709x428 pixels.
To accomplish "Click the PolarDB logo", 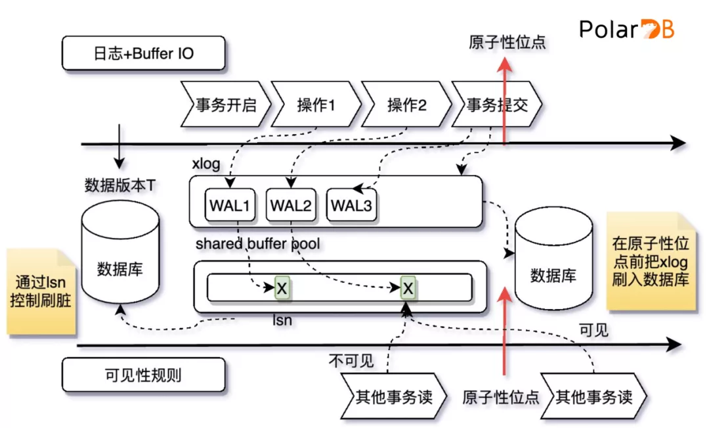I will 626,30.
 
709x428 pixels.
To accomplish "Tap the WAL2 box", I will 291,205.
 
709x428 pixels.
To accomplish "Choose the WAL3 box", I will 351,205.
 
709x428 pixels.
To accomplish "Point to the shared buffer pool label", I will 258,244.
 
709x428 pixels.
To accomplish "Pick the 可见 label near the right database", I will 593,330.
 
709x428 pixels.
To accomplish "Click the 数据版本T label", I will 120,185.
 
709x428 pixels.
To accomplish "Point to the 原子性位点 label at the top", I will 507,43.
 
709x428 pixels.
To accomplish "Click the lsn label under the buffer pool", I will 282,321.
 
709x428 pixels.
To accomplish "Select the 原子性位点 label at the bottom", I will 501,397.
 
